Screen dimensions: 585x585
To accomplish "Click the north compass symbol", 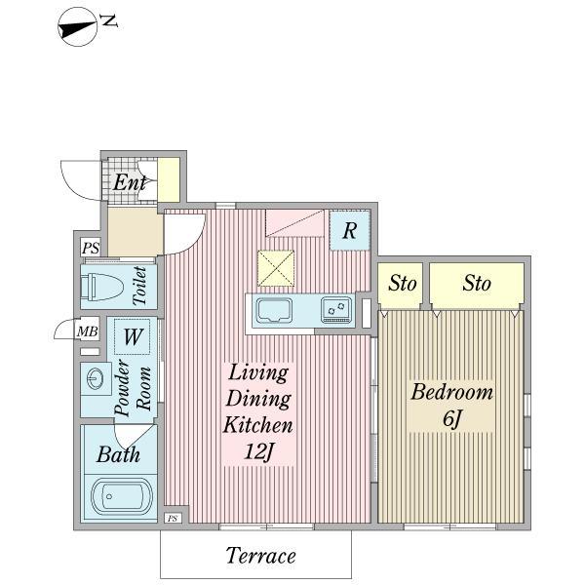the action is click(x=78, y=27).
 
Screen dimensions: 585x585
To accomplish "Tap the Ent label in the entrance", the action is click(x=130, y=182).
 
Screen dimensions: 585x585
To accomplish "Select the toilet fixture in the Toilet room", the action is click(x=101, y=287).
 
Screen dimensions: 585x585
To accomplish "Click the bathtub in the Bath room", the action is click(x=122, y=497).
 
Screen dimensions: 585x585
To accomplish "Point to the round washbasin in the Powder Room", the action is click(x=96, y=379).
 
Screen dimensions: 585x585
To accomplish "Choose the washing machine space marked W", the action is click(x=132, y=336).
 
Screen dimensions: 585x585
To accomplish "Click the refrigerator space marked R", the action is click(x=350, y=230).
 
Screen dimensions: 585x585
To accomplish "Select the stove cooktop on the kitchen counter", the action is click(x=336, y=310).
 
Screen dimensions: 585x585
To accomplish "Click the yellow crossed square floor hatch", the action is click(x=276, y=269).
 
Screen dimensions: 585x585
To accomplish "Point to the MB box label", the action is click(x=88, y=331).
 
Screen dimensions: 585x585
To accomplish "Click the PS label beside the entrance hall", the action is click(x=91, y=248).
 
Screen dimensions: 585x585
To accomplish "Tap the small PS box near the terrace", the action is click(x=173, y=519).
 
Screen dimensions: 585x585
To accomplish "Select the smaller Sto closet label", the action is click(x=402, y=283).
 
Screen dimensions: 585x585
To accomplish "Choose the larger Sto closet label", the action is click(x=477, y=283).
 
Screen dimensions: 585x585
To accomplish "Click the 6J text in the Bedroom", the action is click(x=452, y=418).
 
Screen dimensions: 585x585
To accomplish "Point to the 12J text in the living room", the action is click(x=258, y=451).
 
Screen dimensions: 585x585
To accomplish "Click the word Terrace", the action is click(x=260, y=556).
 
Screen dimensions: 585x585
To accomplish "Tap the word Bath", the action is click(x=119, y=454).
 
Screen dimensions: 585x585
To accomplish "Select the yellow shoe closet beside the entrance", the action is click(x=169, y=180).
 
